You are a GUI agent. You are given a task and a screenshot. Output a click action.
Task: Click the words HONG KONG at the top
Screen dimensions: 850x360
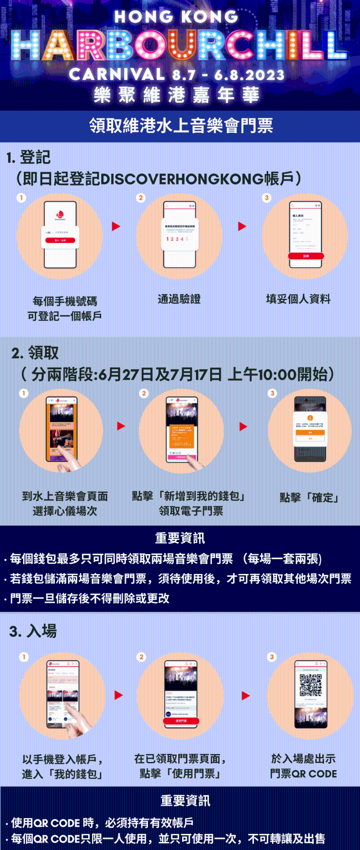coord(176,17)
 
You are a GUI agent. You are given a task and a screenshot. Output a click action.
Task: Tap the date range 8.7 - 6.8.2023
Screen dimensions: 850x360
coord(229,75)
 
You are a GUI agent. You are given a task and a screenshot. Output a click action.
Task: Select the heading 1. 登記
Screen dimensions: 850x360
coord(28,157)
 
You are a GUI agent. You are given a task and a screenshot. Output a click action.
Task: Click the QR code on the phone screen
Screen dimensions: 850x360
coord(310,685)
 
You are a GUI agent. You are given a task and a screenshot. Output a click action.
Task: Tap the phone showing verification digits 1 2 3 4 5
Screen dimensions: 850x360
coord(179,234)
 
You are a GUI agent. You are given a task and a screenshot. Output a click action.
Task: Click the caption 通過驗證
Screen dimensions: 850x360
coord(179,299)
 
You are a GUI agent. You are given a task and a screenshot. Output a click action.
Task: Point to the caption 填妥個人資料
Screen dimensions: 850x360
coord(298,299)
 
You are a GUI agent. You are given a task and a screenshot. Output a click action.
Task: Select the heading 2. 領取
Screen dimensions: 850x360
coord(35,353)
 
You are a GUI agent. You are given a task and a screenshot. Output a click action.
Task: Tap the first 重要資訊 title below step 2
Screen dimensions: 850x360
coord(180,538)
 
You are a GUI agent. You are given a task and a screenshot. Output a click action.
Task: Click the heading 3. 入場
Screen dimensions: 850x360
coord(33,631)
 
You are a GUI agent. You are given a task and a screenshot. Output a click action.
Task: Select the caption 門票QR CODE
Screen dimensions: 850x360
coord(303,774)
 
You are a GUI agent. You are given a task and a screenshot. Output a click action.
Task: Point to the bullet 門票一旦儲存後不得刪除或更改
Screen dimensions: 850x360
coord(90,598)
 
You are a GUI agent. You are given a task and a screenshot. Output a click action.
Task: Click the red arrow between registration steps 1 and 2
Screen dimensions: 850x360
coord(116,226)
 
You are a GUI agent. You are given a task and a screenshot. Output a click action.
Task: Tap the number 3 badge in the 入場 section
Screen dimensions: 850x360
coord(272,657)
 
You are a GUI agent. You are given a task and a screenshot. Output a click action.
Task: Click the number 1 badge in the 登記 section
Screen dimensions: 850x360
coord(21,198)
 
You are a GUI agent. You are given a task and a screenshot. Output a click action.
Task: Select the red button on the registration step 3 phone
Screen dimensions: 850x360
coord(306,256)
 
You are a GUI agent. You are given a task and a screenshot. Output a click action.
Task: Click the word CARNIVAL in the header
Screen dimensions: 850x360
coord(117,74)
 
